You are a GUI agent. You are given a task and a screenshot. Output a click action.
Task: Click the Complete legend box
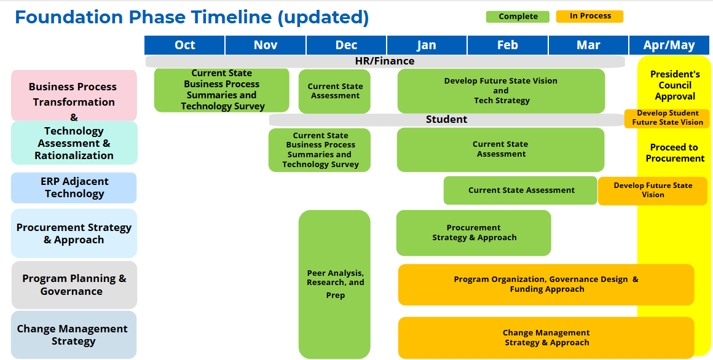pos(518,17)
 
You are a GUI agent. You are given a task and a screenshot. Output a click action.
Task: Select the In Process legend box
pos(589,17)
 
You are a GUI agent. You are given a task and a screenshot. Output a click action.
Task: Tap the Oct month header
pos(184,45)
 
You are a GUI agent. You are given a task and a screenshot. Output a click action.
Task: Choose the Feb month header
pos(507,45)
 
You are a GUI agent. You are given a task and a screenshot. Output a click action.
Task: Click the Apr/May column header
pos(669,45)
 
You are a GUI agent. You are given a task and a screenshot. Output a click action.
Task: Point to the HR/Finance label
pos(385,61)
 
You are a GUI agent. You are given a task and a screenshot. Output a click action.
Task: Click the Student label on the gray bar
pos(446,119)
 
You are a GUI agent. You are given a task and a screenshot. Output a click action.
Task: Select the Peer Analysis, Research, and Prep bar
pos(335,284)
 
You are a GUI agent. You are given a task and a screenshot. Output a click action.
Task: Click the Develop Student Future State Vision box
pos(667,118)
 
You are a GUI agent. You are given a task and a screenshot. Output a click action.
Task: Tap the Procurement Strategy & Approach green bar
pos(473,233)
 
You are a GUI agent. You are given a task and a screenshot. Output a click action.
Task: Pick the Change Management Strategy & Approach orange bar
pos(546,337)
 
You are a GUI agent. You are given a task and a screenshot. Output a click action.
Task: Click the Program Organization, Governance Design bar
pos(546,284)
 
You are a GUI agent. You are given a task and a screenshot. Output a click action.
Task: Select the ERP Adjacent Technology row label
pos(74,187)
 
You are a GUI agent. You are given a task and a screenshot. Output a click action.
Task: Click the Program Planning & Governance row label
pos(74,284)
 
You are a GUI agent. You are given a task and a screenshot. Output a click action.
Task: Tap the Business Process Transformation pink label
pos(74,95)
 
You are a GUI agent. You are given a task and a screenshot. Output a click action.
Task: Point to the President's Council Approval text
pos(674,85)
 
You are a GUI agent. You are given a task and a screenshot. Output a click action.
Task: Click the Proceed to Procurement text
pos(674,153)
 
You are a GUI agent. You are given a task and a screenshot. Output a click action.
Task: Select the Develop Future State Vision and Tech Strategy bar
pos(501,90)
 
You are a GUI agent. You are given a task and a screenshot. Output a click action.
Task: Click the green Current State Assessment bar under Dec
pos(335,91)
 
